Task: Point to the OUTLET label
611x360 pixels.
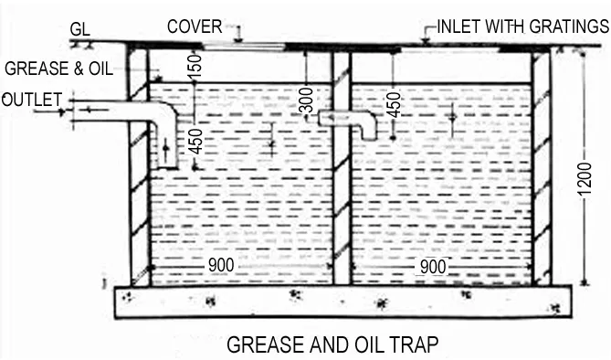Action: coord(31,98)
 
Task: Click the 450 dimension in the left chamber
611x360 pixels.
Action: coord(195,141)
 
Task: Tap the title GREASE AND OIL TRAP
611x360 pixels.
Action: coord(333,344)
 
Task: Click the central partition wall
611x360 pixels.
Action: coord(342,169)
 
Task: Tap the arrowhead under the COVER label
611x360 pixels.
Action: coord(237,40)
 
